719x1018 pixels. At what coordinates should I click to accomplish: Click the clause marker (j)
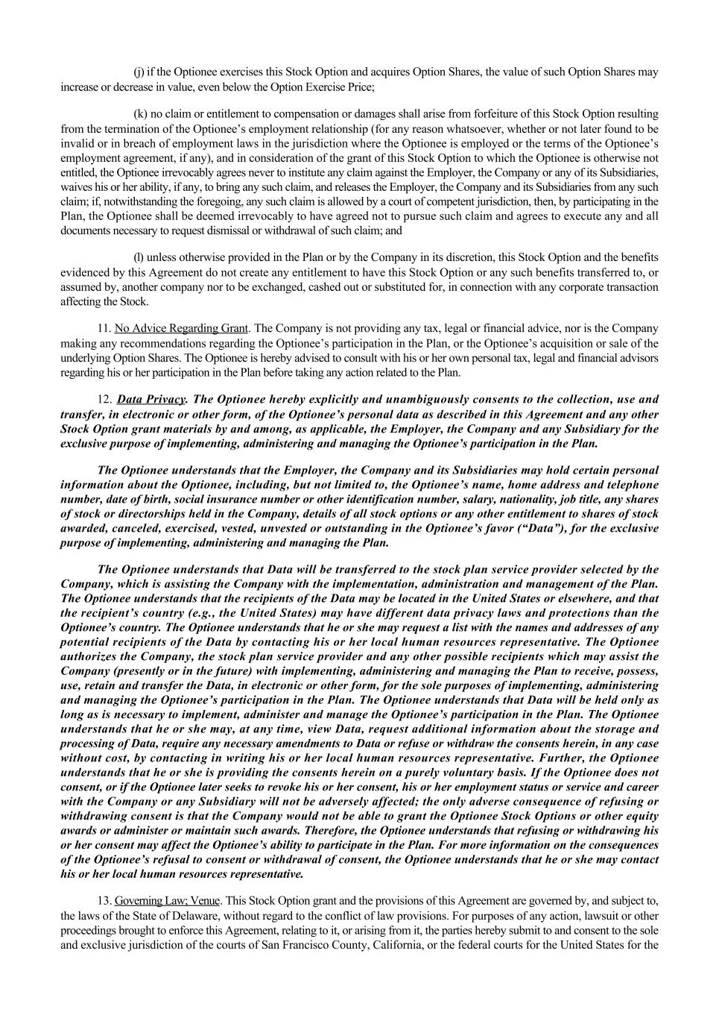(x=139, y=72)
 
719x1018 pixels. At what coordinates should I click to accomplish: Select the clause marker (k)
(x=139, y=114)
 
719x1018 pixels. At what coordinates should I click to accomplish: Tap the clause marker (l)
(x=139, y=257)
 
